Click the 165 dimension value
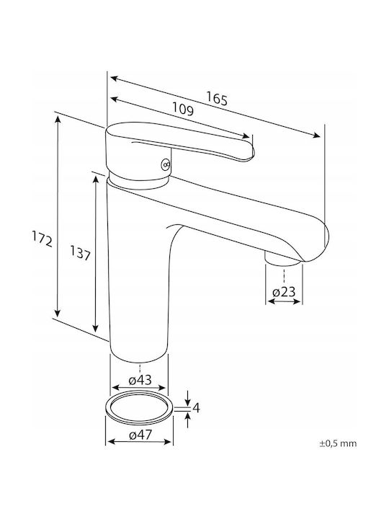tap(218, 98)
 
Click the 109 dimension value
tap(183, 109)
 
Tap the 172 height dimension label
tap(43, 239)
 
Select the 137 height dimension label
tap(80, 253)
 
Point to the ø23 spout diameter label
tap(284, 292)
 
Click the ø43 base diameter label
tap(140, 380)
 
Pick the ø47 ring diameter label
tap(140, 435)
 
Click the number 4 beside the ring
tap(196, 408)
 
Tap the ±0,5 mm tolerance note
tap(338, 443)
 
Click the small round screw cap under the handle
tap(166, 164)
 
